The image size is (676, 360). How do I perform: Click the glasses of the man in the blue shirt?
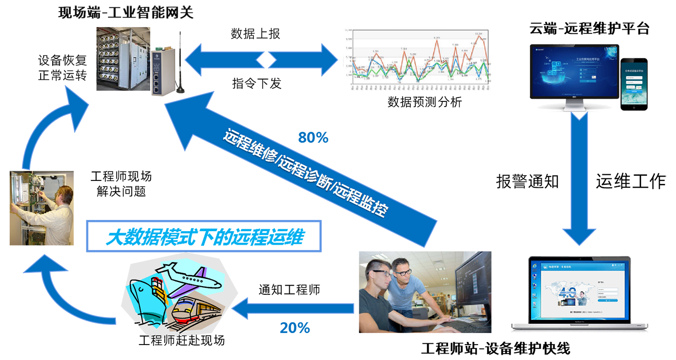403,272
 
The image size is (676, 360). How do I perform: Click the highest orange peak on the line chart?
479,37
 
